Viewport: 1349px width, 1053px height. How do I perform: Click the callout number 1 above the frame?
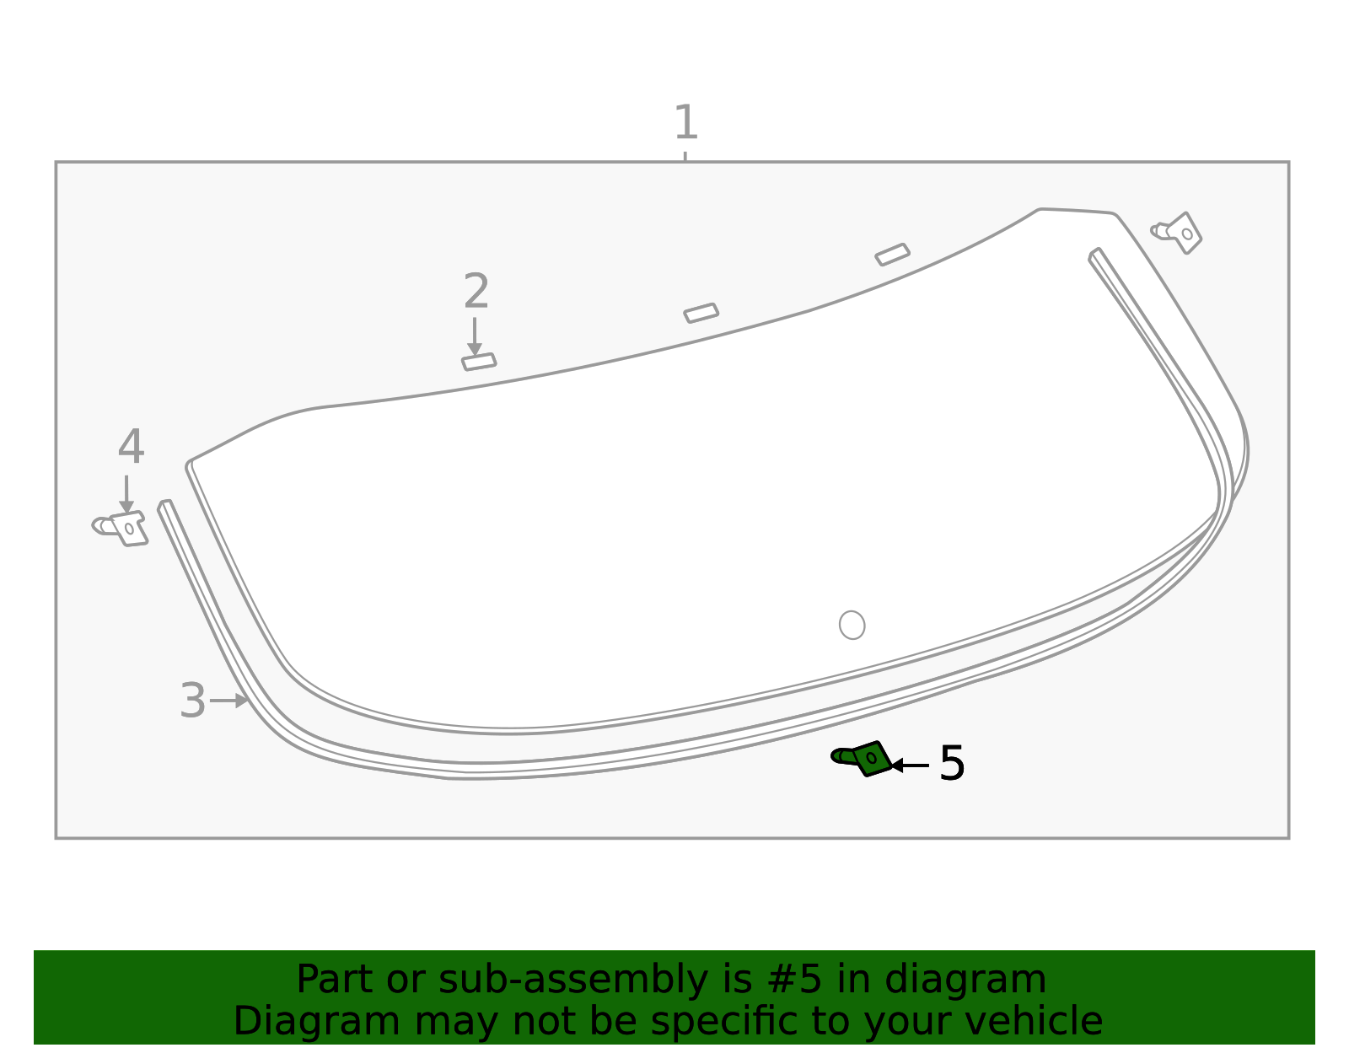(686, 122)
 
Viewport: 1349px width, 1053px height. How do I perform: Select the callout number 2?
(476, 291)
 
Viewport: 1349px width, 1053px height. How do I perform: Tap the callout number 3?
(192, 701)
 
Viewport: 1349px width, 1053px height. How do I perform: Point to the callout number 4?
(131, 446)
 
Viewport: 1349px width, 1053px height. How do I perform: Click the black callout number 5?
(952, 763)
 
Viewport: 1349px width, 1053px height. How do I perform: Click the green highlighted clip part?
(863, 758)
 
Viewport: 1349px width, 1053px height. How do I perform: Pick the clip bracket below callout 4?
(121, 529)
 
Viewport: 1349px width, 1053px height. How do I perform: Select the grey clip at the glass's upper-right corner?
(1177, 234)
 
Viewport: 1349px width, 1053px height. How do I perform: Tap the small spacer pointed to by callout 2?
(479, 362)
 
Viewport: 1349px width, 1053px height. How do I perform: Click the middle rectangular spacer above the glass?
(701, 313)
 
